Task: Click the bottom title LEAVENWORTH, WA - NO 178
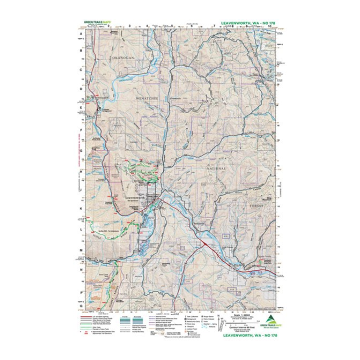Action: tap(244, 335)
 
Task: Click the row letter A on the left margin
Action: tap(82, 34)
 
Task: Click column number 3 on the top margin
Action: tap(129, 26)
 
